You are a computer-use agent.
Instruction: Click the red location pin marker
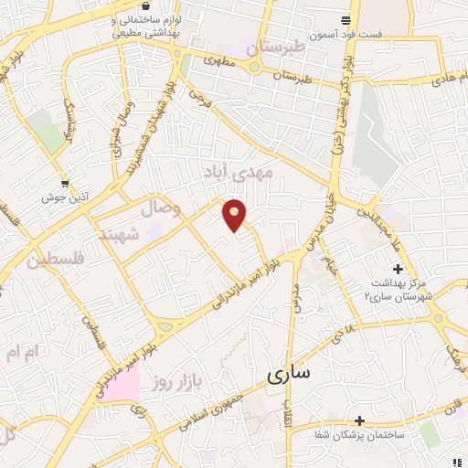click(x=236, y=214)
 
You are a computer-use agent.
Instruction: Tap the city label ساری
click(x=289, y=374)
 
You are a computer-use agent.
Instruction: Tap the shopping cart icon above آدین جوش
click(x=64, y=182)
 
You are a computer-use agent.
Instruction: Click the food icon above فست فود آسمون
click(x=345, y=20)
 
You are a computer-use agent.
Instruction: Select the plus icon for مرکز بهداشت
click(x=397, y=269)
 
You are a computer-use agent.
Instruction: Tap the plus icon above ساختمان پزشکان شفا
click(x=360, y=421)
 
